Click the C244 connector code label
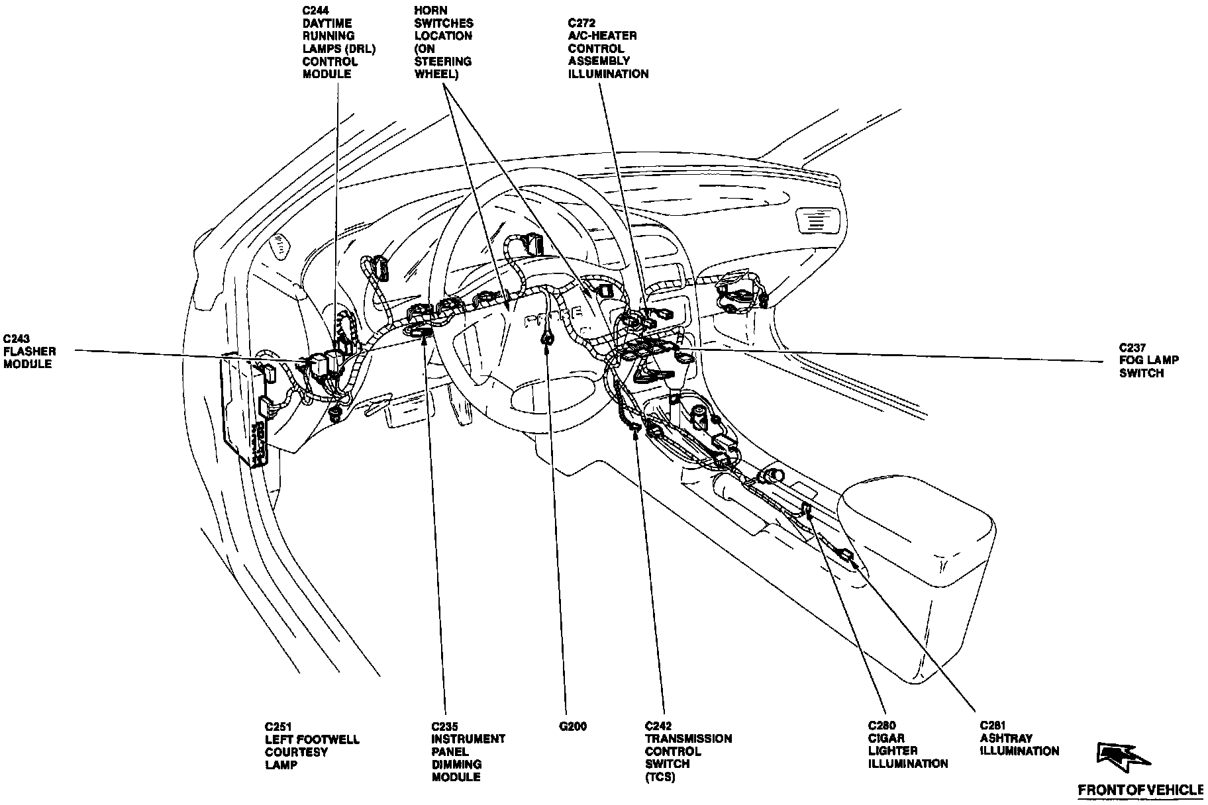click(x=315, y=11)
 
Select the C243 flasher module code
click(x=16, y=338)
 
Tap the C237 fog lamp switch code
click(x=1132, y=348)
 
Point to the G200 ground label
click(x=573, y=726)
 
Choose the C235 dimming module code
click(x=444, y=726)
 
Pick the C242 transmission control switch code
click(x=658, y=726)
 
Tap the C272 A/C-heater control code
click(x=581, y=23)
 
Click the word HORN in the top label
click(x=430, y=11)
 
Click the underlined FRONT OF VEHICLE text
click(x=1139, y=790)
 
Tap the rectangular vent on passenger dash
click(x=821, y=220)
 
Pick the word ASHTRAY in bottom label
click(x=1005, y=738)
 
